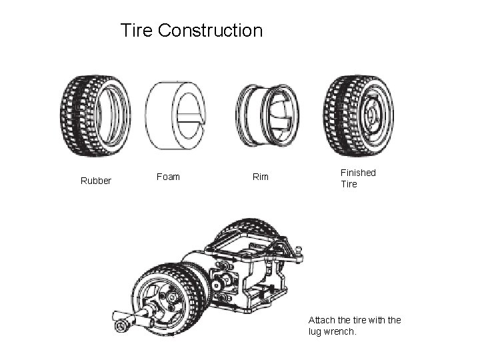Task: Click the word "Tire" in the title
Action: coord(137,31)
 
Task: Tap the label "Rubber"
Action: coord(96,181)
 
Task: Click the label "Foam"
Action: coord(168,177)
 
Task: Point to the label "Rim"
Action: coord(260,177)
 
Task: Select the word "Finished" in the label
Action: coord(358,173)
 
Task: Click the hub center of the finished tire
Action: coord(371,115)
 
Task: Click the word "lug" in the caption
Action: coord(315,331)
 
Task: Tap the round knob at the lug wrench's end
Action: coord(121,325)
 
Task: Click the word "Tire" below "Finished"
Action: coord(349,184)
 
